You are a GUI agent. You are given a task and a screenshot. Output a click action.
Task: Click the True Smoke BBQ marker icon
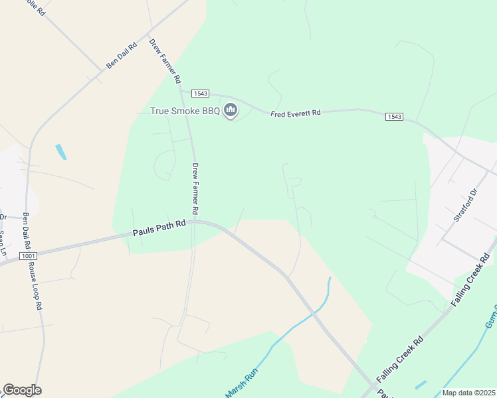click(x=231, y=109)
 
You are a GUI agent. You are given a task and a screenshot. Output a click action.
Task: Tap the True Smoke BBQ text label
click(x=185, y=110)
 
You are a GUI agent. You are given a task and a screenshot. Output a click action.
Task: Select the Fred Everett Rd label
click(x=296, y=113)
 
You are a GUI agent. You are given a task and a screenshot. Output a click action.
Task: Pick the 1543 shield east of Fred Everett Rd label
click(x=394, y=117)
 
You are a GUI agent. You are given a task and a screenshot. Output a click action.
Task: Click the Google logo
click(x=22, y=390)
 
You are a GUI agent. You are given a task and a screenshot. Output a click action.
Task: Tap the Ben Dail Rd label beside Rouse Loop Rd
click(x=27, y=230)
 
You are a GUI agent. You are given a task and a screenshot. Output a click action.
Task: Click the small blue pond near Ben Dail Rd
click(x=61, y=152)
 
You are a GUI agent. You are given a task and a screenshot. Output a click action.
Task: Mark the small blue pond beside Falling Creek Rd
click(x=420, y=385)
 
